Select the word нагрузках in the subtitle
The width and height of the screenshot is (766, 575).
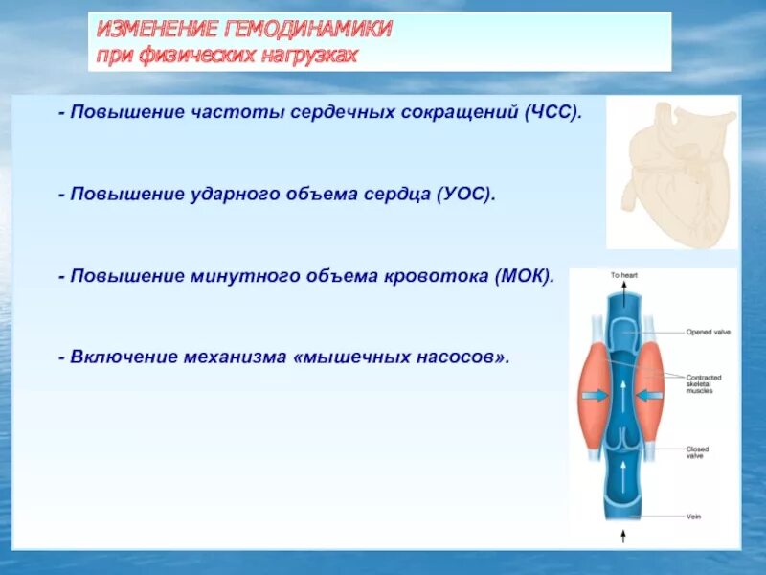tap(308, 55)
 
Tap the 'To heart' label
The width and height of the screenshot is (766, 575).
tap(624, 275)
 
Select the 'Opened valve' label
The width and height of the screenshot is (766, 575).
tap(708, 333)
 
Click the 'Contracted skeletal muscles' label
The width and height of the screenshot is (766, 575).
tap(706, 383)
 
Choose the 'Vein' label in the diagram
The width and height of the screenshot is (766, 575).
tap(693, 516)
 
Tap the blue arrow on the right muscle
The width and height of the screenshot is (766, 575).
tap(652, 394)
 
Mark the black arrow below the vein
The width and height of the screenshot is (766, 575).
tap(624, 534)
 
